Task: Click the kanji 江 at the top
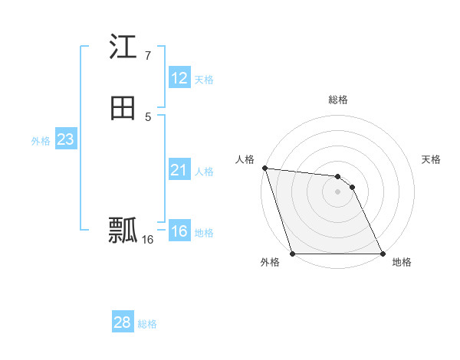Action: pyautogui.click(x=123, y=48)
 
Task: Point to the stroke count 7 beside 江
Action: pyautogui.click(x=147, y=56)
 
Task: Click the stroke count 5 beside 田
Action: pyautogui.click(x=148, y=116)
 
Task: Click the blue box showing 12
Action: pyautogui.click(x=179, y=78)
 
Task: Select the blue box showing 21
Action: pyautogui.click(x=179, y=170)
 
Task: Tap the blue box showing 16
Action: pyautogui.click(x=179, y=231)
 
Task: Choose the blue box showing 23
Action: pyautogui.click(x=65, y=139)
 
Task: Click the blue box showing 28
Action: pyautogui.click(x=123, y=322)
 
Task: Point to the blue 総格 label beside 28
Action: pyautogui.click(x=147, y=324)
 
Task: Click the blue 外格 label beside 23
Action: pyautogui.click(x=41, y=141)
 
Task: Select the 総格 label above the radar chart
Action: pyautogui.click(x=338, y=100)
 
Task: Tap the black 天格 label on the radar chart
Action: pyautogui.click(x=431, y=159)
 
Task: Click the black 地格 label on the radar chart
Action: pyautogui.click(x=402, y=263)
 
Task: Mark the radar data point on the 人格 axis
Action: pyautogui.click(x=264, y=168)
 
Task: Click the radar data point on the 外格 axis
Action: pyautogui.click(x=292, y=254)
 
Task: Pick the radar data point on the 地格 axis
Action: pyautogui.click(x=383, y=254)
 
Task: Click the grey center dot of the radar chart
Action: pyautogui.click(x=337, y=191)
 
